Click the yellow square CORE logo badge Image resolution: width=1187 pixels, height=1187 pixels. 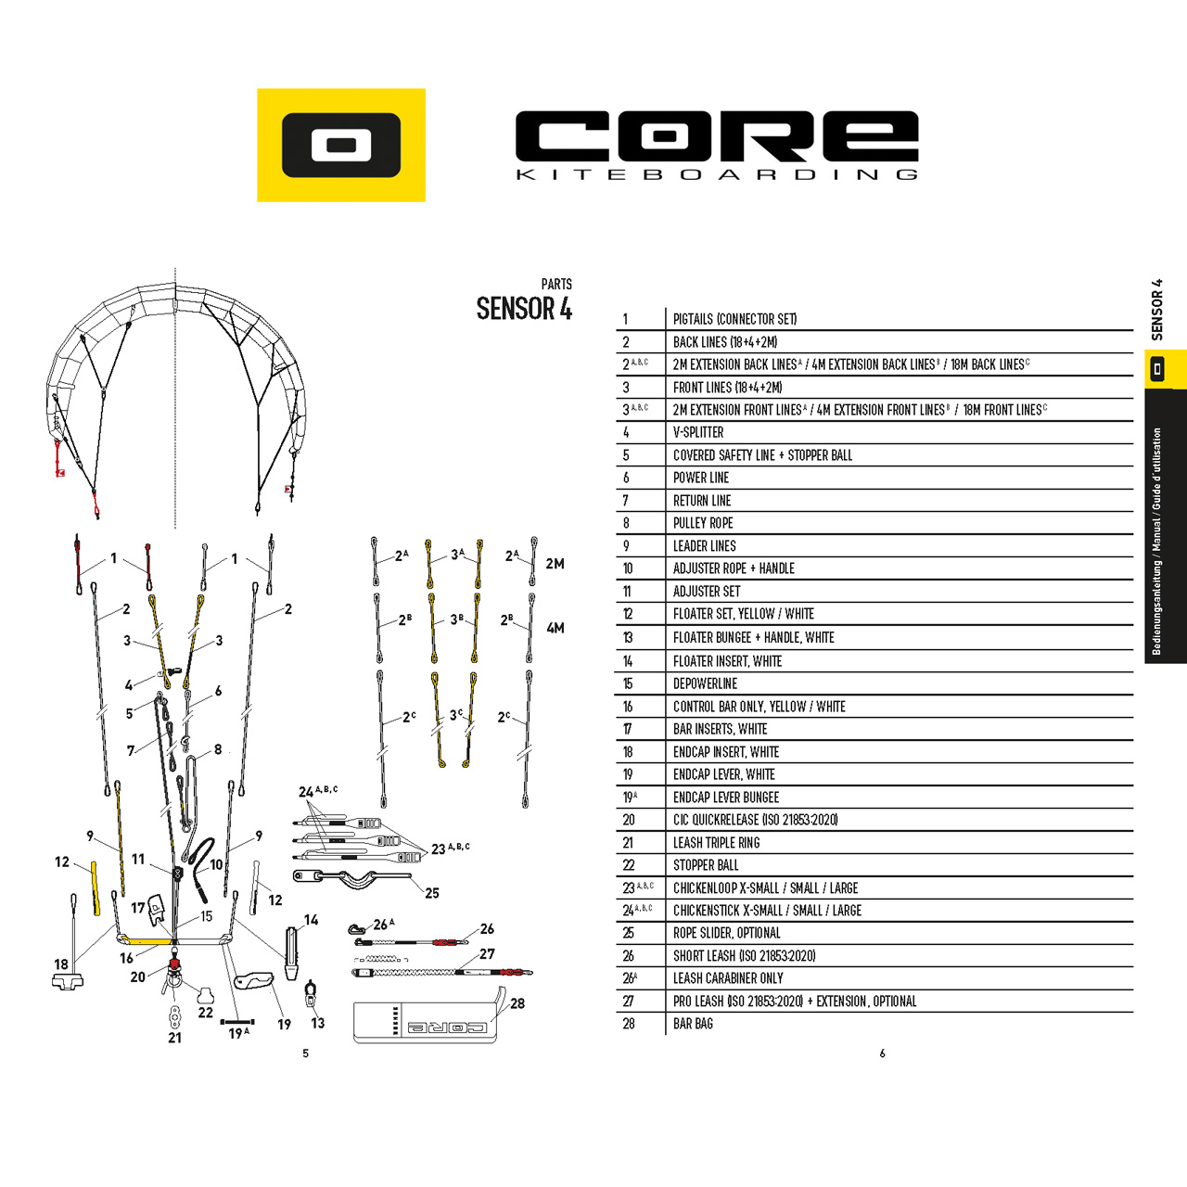(340, 145)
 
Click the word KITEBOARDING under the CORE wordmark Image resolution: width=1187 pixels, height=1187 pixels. (717, 175)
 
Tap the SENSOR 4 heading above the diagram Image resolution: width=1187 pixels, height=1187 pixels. (524, 309)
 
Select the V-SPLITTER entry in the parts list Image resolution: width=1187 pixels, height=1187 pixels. (698, 432)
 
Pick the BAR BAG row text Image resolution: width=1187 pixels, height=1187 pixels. (693, 1024)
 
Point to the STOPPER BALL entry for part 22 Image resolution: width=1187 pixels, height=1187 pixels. (706, 865)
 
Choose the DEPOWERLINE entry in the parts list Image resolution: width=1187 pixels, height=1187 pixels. (705, 683)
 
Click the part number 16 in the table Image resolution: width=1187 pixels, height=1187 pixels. (628, 707)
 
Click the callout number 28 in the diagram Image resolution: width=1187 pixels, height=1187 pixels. (517, 1003)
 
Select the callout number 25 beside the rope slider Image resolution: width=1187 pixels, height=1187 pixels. (432, 893)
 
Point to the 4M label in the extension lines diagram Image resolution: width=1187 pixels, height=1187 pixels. (555, 629)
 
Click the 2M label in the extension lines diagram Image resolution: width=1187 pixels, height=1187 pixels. (555, 564)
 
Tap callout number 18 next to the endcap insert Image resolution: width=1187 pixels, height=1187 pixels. (61, 964)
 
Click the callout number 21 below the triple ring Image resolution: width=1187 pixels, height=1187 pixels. (175, 1038)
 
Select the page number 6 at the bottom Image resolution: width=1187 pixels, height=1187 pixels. (882, 1054)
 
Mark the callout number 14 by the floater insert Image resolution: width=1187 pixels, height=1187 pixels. (311, 920)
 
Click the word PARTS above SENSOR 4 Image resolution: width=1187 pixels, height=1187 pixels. (556, 284)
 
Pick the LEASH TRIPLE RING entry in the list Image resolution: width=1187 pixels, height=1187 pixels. (716, 843)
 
